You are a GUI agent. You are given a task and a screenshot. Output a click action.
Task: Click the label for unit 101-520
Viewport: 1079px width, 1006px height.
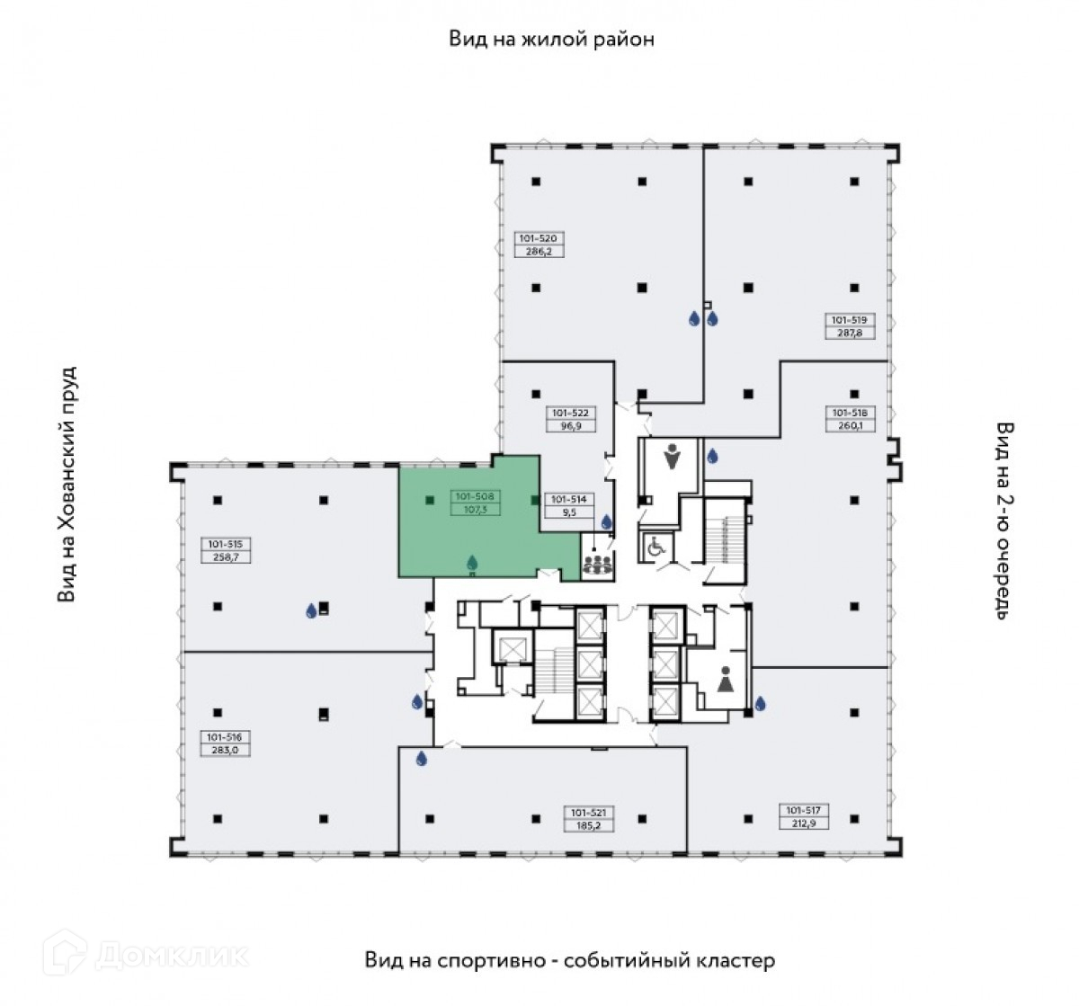tap(538, 245)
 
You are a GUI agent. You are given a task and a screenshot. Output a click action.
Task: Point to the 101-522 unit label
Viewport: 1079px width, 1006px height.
tap(571, 420)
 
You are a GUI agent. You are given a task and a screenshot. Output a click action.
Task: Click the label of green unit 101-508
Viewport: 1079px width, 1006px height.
tap(477, 503)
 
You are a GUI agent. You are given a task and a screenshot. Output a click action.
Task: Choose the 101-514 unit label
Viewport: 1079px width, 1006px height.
tap(568, 505)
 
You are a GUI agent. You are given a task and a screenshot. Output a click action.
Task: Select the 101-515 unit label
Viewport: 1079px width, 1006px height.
tap(227, 550)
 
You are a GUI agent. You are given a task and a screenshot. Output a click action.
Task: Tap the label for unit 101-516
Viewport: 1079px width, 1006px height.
tap(224, 743)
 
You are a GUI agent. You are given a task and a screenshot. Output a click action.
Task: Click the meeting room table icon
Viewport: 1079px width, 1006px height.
tap(597, 565)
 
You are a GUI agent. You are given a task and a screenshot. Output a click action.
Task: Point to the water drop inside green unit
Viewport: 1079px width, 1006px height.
tap(472, 563)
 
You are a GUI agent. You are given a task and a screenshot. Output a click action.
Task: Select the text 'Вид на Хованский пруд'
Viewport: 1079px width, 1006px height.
tap(68, 484)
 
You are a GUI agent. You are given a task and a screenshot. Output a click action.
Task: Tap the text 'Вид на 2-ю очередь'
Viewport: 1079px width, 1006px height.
tap(1005, 520)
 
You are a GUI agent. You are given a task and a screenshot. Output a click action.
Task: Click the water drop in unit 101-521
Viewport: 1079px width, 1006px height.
tap(422, 759)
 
